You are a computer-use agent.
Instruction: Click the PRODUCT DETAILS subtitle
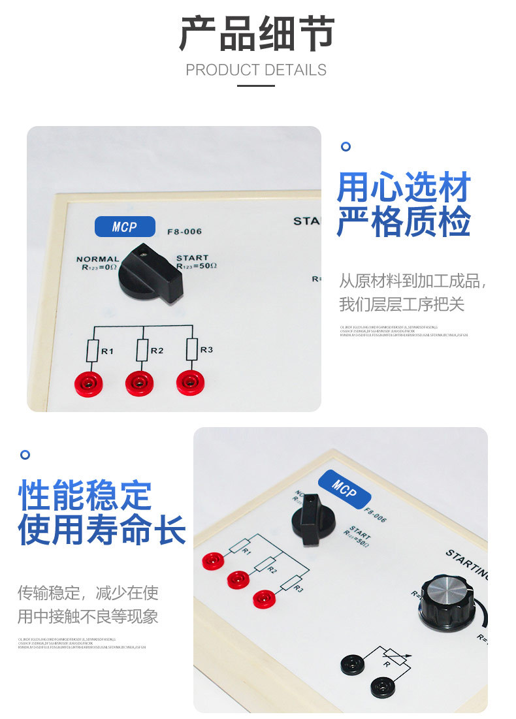click(256, 70)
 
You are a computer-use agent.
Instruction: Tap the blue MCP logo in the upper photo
click(125, 227)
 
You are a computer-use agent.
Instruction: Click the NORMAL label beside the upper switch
click(97, 259)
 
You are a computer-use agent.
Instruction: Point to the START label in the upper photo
click(192, 258)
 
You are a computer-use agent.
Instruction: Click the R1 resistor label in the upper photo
click(107, 351)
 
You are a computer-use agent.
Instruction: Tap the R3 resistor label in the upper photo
click(206, 350)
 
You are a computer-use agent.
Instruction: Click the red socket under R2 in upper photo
click(139, 381)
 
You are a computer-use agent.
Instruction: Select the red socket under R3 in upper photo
click(189, 381)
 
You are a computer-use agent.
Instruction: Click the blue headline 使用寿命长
click(102, 529)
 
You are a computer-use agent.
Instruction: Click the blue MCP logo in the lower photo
click(344, 486)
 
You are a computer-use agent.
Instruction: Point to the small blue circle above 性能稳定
click(25, 454)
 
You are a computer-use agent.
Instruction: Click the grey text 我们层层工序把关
click(402, 304)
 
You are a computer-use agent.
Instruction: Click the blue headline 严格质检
click(404, 222)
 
